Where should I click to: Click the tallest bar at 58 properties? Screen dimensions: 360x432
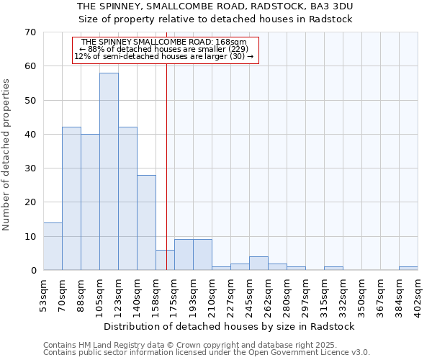point(109,171)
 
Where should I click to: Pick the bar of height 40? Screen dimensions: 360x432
point(90,202)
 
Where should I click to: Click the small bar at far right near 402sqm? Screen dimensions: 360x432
point(408,269)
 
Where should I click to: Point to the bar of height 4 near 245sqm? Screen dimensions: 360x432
point(258,264)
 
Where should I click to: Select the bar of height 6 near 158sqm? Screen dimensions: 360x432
point(165,260)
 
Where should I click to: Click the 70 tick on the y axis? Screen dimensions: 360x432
point(30,32)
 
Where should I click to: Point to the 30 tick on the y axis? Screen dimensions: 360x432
point(30,168)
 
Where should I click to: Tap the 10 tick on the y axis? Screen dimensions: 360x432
point(30,236)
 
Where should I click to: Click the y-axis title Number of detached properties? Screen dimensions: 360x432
point(7,155)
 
